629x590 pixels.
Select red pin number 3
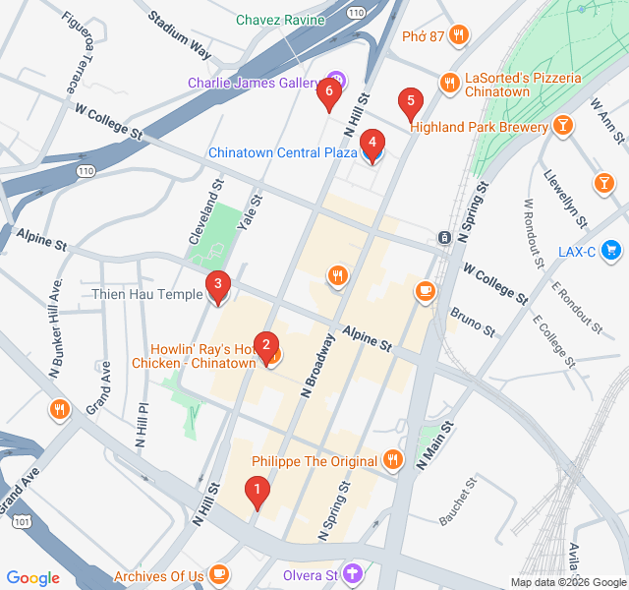click(x=217, y=287)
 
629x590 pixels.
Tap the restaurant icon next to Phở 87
click(x=458, y=36)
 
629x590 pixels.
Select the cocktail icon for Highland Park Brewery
click(x=562, y=125)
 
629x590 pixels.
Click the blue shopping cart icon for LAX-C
click(x=612, y=251)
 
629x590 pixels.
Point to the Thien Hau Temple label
click(x=146, y=294)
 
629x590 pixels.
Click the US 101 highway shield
click(x=22, y=522)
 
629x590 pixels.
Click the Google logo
click(x=33, y=577)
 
